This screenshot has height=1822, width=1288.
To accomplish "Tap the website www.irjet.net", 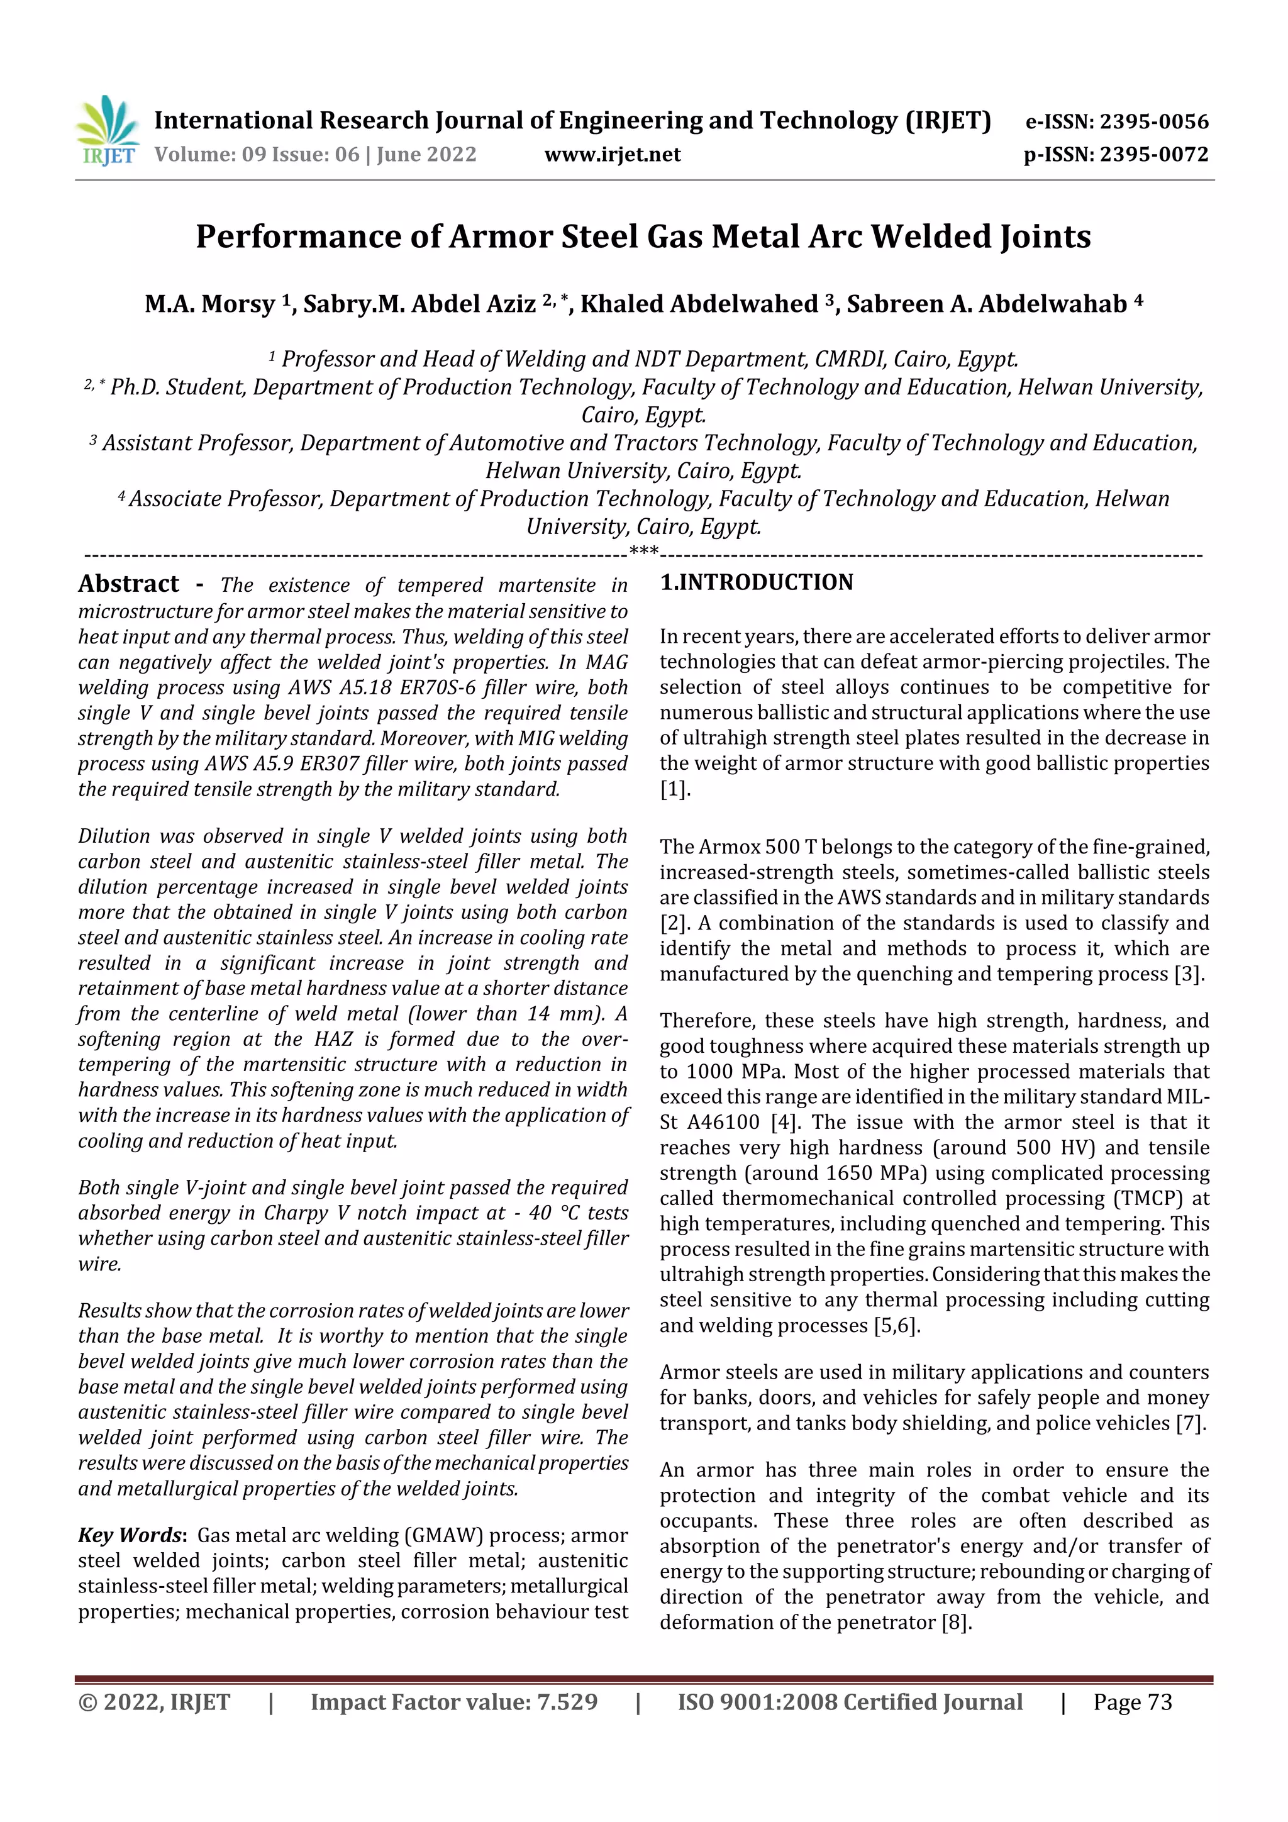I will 612,155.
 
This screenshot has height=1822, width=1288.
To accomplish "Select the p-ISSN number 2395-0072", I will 1155,155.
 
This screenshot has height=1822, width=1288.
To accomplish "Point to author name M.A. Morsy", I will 209,304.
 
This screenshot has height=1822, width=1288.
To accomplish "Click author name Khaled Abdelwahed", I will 698,304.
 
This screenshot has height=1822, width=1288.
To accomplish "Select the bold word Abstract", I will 128,584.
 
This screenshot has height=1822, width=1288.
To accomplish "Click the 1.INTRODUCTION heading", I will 757,582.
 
